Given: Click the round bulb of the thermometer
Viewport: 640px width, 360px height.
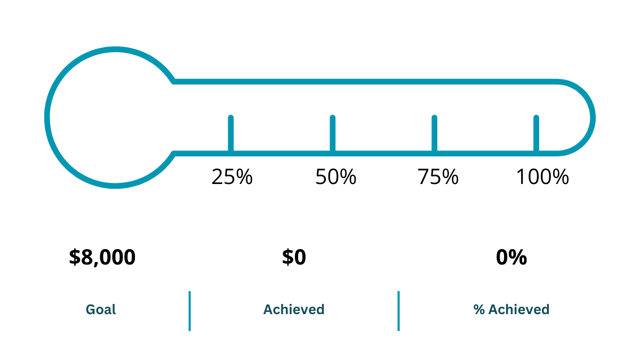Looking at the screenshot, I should [116, 117].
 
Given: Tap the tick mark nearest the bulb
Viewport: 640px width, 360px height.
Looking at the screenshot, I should [230, 133].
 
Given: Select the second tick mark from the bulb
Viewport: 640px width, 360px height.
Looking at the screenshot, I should [332, 133].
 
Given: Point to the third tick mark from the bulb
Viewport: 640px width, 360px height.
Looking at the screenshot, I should [434, 133].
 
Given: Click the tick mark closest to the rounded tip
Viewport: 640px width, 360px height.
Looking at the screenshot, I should [536, 133].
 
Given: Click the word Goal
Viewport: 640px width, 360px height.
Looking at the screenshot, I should [101, 309].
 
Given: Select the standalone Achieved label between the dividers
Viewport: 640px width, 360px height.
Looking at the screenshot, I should [294, 309].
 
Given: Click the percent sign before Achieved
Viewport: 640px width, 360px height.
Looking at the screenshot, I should [479, 309].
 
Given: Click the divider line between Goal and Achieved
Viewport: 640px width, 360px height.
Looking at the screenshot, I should [189, 310].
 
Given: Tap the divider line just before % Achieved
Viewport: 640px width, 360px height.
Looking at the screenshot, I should [398, 310].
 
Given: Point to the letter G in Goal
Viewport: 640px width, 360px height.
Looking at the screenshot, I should [91, 309].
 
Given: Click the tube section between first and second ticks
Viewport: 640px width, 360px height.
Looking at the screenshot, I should [282, 117].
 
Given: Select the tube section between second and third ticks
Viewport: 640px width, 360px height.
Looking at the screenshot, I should [383, 117].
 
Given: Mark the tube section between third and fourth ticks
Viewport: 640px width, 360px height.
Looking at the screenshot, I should [485, 117].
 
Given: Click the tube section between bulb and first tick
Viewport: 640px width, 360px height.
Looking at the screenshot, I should [202, 117].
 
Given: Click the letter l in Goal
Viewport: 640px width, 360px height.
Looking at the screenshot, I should [114, 309].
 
